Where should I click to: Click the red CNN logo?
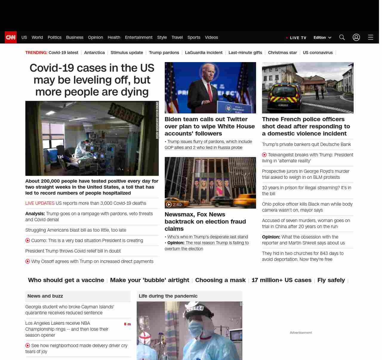[x=11, y=37]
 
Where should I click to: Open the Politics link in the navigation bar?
[x=54, y=37]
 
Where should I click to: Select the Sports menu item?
[x=194, y=37]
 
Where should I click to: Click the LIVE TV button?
[x=296, y=38]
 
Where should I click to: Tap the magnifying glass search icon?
[x=342, y=37]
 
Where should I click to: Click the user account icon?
[x=356, y=37]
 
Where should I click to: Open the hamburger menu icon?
[x=371, y=37]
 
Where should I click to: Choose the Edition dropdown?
[x=322, y=38]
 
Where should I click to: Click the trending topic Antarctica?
[x=94, y=53]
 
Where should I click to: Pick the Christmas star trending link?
[x=282, y=53]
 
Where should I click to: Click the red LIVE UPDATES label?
[x=40, y=203]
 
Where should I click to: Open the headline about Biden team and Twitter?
[x=210, y=126]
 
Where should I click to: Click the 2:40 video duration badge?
[x=174, y=204]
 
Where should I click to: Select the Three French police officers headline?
[x=306, y=126]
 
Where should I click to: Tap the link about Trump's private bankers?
[x=306, y=144]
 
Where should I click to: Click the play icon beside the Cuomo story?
[x=28, y=241]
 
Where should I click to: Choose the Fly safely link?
[x=331, y=280]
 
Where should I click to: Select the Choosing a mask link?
[x=220, y=280]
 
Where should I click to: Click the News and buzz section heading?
[x=45, y=296]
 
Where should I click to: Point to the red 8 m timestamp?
[x=127, y=324]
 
